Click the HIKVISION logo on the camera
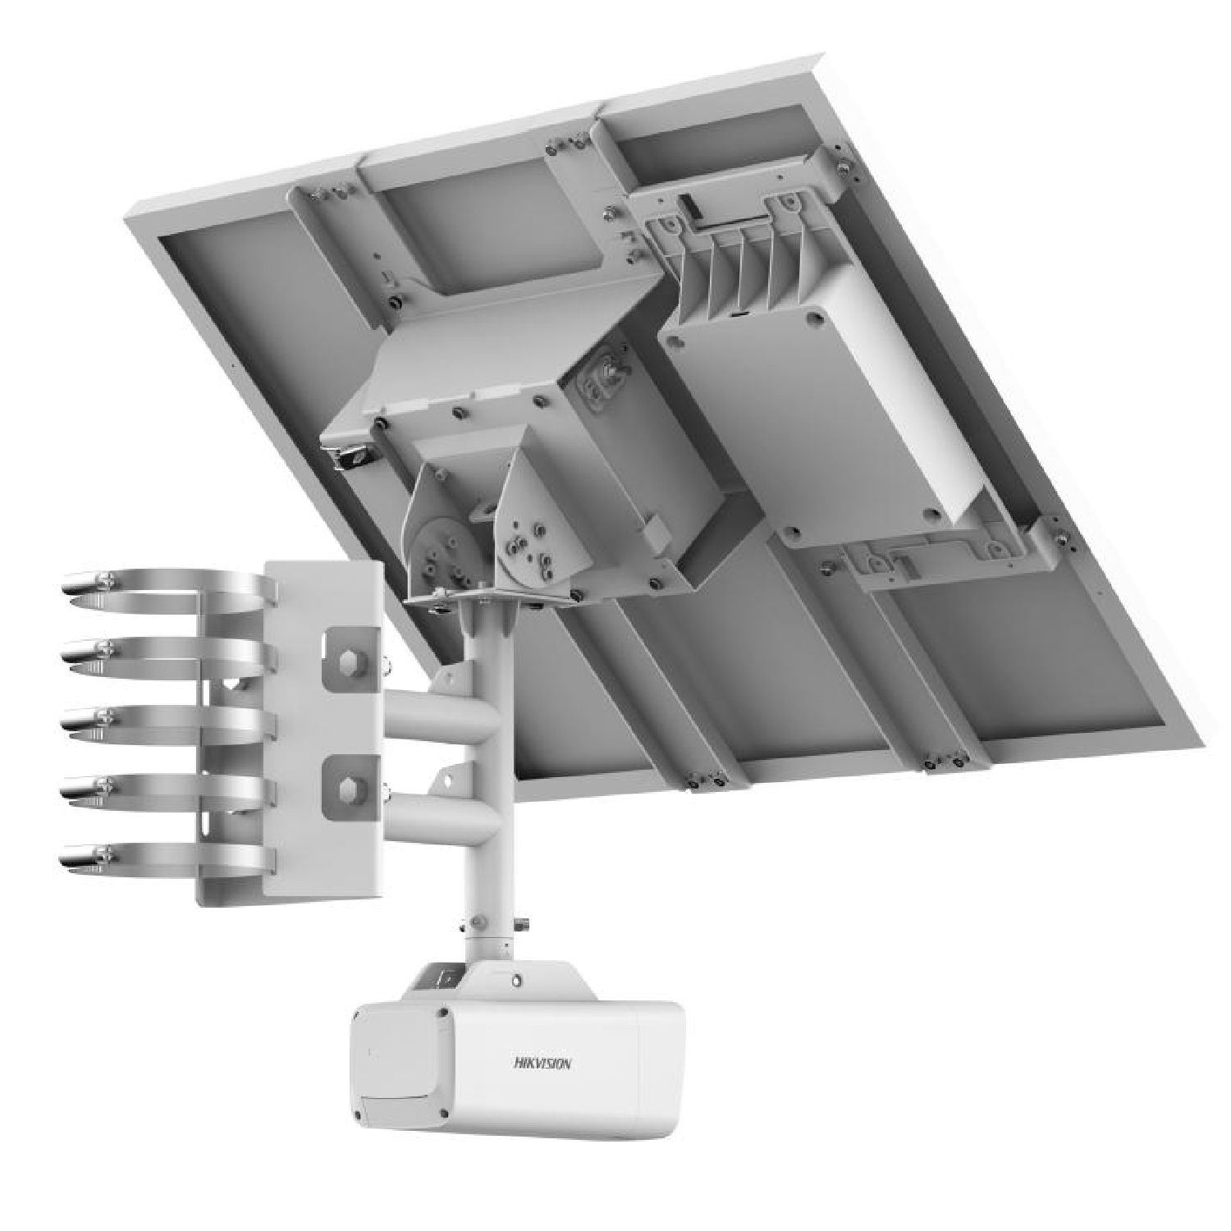tap(543, 1063)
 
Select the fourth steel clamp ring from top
tap(164, 789)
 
